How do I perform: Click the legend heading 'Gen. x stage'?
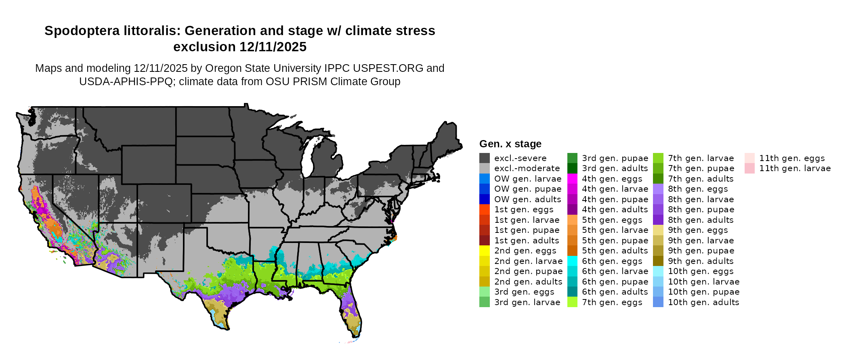[x=510, y=144]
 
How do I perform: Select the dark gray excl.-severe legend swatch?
[x=485, y=158]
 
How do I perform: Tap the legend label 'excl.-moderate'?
[x=527, y=168]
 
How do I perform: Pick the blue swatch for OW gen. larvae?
[x=485, y=179]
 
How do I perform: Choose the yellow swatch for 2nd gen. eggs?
[x=485, y=251]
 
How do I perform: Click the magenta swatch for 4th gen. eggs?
[x=572, y=179]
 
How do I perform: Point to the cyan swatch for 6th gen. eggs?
[x=572, y=261]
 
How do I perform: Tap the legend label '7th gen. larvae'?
[x=701, y=158]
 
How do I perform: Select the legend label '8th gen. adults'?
[x=701, y=220]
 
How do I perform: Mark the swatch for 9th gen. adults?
[x=658, y=261]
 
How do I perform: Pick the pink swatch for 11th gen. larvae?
[x=749, y=168]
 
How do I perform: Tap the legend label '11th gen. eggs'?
[x=792, y=158]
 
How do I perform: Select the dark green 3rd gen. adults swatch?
[x=572, y=168]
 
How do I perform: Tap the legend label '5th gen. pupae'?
[x=615, y=241]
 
